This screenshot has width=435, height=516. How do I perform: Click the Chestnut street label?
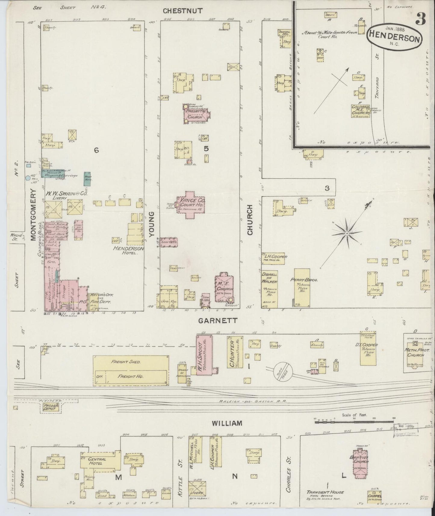coord(182,11)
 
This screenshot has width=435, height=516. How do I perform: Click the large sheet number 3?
coord(420,20)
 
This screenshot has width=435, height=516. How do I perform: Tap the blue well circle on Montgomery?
coord(28,178)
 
